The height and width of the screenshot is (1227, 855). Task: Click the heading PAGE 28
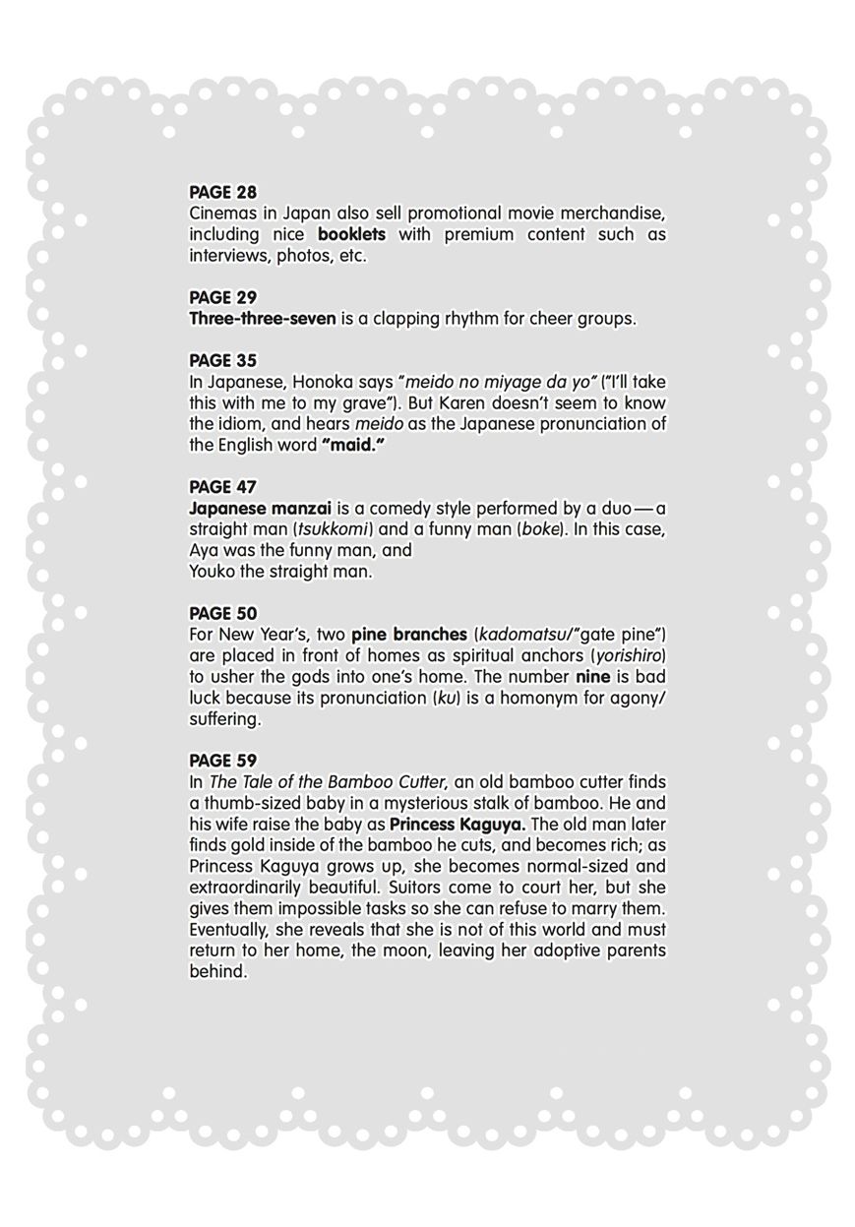click(x=222, y=192)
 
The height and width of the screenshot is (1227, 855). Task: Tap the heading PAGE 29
click(x=222, y=297)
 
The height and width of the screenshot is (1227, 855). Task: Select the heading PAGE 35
click(x=222, y=360)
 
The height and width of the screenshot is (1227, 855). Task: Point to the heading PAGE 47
click(x=222, y=487)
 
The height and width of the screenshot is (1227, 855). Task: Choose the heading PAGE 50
click(x=222, y=613)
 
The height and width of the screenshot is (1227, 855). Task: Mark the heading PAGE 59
click(x=222, y=761)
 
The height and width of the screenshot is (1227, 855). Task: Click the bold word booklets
click(x=351, y=234)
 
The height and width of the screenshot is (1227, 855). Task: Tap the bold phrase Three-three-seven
click(x=262, y=319)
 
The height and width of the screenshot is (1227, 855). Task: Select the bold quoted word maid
click(x=352, y=445)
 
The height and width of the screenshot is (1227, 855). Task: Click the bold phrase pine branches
click(x=408, y=635)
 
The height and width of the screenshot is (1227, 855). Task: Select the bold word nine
click(x=592, y=677)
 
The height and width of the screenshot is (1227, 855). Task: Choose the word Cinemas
click(x=221, y=214)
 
